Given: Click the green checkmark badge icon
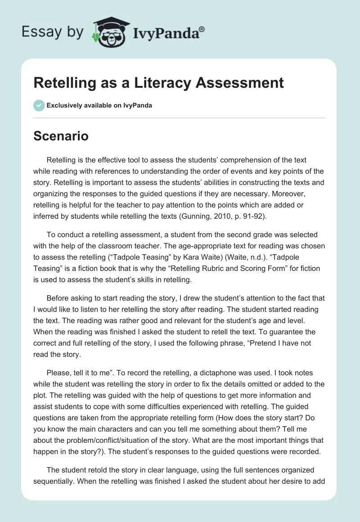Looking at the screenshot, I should (x=39, y=105).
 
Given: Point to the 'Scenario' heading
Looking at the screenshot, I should (x=61, y=136).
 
